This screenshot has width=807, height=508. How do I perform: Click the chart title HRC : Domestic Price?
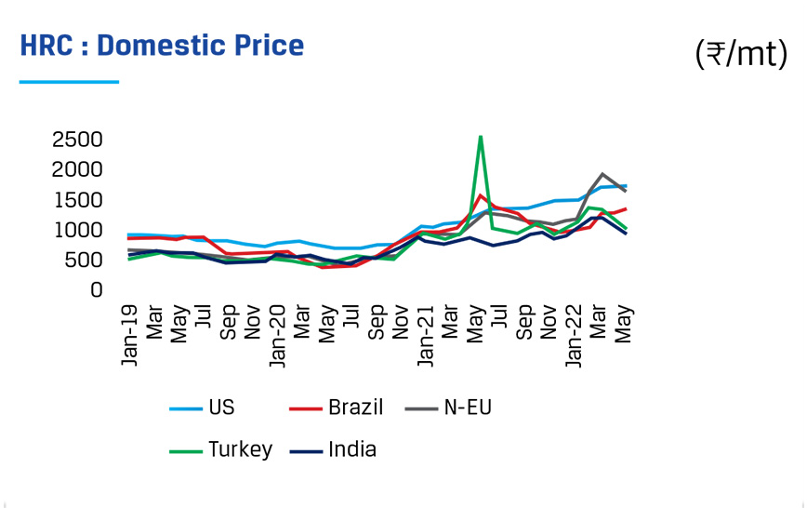tap(162, 46)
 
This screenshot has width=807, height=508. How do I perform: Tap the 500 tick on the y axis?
tap(83, 261)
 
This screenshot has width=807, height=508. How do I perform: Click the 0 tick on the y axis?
tap(96, 290)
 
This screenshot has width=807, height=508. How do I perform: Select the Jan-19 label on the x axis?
tap(131, 334)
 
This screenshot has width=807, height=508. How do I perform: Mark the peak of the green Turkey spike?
tap(480, 137)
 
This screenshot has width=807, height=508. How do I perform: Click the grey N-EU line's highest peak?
tap(602, 174)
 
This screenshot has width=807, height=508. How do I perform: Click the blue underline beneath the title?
tap(69, 82)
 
